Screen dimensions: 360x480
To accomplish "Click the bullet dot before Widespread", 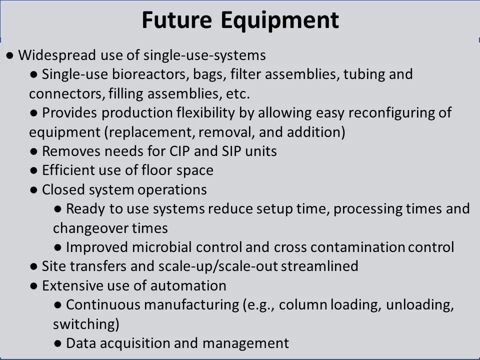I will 10,55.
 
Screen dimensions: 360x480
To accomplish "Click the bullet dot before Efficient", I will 34,170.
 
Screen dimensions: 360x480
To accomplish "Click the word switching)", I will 86,324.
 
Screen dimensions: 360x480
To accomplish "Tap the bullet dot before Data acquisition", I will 58,343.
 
